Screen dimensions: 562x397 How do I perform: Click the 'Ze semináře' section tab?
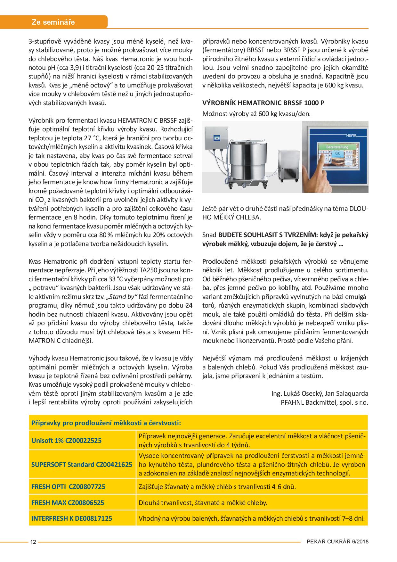[53, 22]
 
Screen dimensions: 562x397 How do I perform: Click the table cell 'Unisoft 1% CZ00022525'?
[66, 440]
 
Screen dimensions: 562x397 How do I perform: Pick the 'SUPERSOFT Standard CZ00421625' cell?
[82, 464]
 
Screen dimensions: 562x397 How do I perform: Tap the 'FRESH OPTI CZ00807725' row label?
[68, 486]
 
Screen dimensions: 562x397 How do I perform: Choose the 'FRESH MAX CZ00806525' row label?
[68, 502]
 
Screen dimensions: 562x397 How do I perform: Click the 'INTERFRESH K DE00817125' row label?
[72, 518]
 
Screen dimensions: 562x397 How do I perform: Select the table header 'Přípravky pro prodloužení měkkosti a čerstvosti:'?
[106, 423]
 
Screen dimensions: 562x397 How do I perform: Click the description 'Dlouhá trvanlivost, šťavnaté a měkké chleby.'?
[203, 502]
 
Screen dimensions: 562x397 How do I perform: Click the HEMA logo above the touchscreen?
[352, 136]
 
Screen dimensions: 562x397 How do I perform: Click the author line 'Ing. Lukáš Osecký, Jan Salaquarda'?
[320, 393]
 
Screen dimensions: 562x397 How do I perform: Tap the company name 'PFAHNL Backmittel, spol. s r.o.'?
[324, 402]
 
